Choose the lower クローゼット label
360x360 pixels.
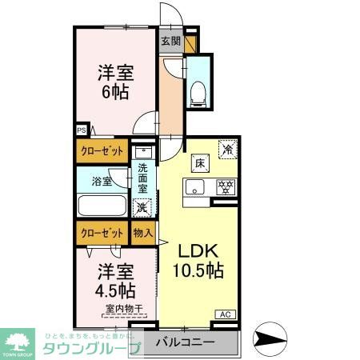101,233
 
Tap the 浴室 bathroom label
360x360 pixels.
101,181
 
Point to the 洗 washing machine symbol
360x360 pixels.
142,207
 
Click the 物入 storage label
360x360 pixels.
142,233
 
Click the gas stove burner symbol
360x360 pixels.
226,188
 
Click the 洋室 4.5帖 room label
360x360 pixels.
116,279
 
